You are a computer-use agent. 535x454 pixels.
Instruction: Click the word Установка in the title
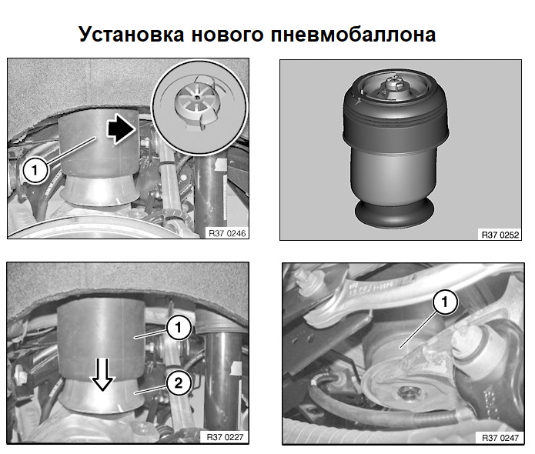click(x=132, y=35)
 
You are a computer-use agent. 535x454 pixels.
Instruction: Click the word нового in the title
click(x=227, y=35)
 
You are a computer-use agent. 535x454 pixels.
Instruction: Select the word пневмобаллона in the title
click(x=353, y=35)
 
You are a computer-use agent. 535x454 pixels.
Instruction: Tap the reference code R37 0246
click(x=227, y=233)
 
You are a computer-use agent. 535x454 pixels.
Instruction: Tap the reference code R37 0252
click(x=500, y=235)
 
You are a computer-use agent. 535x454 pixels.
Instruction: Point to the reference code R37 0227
click(x=226, y=437)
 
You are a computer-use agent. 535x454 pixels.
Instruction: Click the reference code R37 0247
click(x=500, y=438)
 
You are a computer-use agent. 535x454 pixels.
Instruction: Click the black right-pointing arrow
click(x=121, y=129)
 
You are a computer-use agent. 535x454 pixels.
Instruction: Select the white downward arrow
click(x=102, y=374)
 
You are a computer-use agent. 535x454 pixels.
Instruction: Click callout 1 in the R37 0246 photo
click(x=35, y=170)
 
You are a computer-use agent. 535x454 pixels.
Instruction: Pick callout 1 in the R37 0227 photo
click(x=178, y=328)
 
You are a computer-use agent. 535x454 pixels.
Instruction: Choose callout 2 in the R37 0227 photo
click(x=178, y=383)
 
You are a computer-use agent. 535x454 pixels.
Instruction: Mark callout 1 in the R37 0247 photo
click(x=444, y=302)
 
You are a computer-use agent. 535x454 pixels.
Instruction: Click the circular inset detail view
click(x=199, y=108)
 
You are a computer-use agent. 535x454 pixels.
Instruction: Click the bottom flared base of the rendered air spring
click(x=394, y=213)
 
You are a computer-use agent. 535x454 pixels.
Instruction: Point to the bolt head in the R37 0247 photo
click(x=408, y=393)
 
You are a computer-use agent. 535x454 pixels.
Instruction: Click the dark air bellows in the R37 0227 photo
click(x=102, y=338)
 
